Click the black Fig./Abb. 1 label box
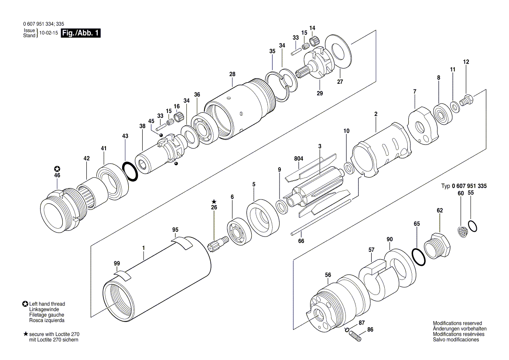point(81,33)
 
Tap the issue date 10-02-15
point(49,33)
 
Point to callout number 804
point(298,159)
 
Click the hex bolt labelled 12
point(467,101)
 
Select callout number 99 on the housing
point(116,264)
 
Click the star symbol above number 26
point(214,202)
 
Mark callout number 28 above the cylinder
point(232,74)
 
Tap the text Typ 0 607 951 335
point(464,186)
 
